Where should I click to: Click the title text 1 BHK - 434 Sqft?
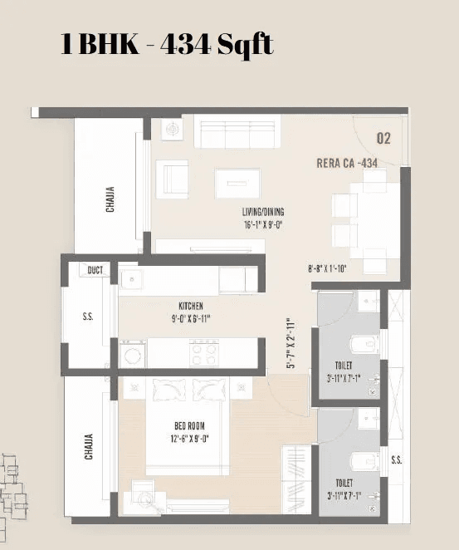167,44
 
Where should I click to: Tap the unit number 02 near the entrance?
383,139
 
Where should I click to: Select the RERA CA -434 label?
346,164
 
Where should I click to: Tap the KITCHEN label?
190,306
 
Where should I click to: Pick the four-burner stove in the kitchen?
204,354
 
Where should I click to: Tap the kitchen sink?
133,279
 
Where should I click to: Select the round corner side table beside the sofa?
173,130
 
